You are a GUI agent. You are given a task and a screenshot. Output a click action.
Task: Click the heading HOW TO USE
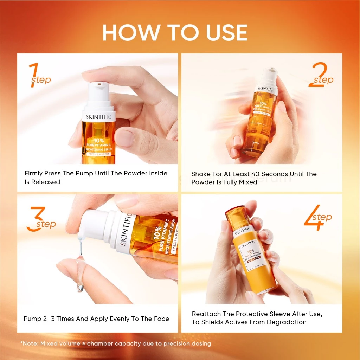pyautogui.click(x=175, y=33)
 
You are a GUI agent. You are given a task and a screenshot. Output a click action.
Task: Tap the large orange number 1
pyautogui.click(x=34, y=75)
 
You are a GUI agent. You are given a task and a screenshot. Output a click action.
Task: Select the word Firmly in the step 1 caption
pyautogui.click(x=34, y=173)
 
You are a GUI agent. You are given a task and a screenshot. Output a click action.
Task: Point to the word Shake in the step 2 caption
pyautogui.click(x=200, y=174)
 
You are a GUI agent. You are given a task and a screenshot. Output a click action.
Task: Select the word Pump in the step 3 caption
pyautogui.click(x=33, y=319)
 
